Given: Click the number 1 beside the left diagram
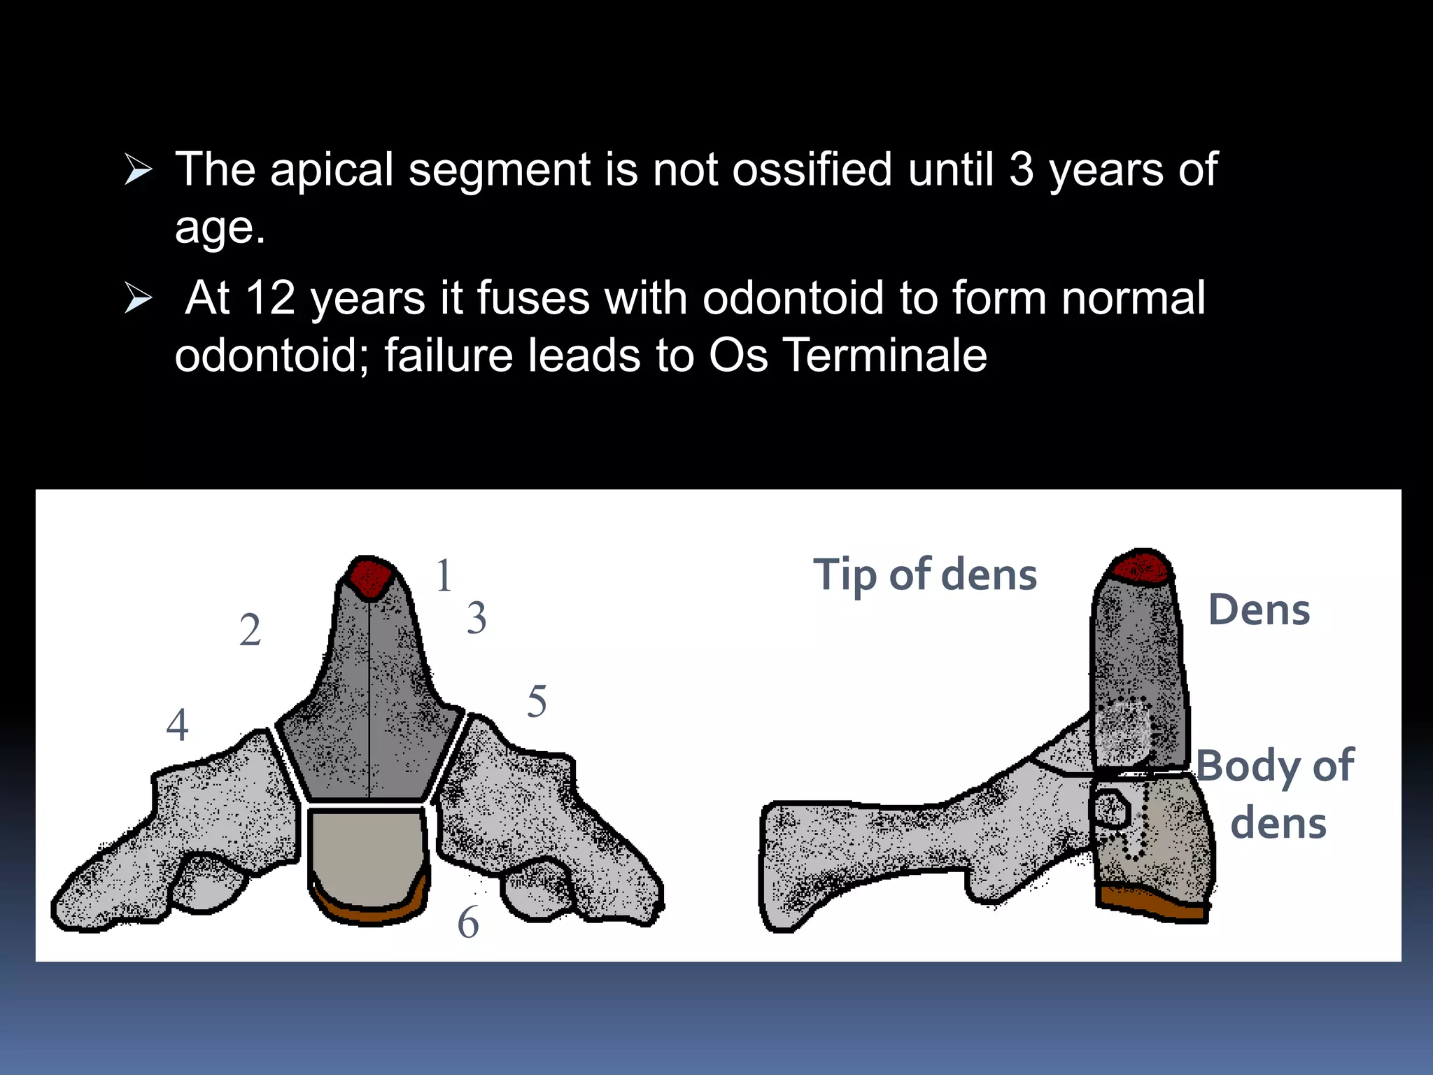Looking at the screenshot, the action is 444,575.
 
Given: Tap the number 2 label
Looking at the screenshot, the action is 250,630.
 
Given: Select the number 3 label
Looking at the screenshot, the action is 477,617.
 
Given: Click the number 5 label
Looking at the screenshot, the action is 537,701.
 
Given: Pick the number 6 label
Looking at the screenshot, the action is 468,922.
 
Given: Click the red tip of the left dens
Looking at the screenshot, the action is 369,577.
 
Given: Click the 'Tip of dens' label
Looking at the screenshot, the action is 925,575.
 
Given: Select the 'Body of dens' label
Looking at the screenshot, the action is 1276,794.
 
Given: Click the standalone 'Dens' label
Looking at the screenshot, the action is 1259,609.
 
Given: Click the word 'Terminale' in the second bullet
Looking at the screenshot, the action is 884,355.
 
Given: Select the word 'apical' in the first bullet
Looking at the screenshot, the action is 332,170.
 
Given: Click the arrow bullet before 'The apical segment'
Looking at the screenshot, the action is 138,170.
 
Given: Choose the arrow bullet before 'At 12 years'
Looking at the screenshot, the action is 138,298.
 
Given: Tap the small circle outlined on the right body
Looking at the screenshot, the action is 1111,809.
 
